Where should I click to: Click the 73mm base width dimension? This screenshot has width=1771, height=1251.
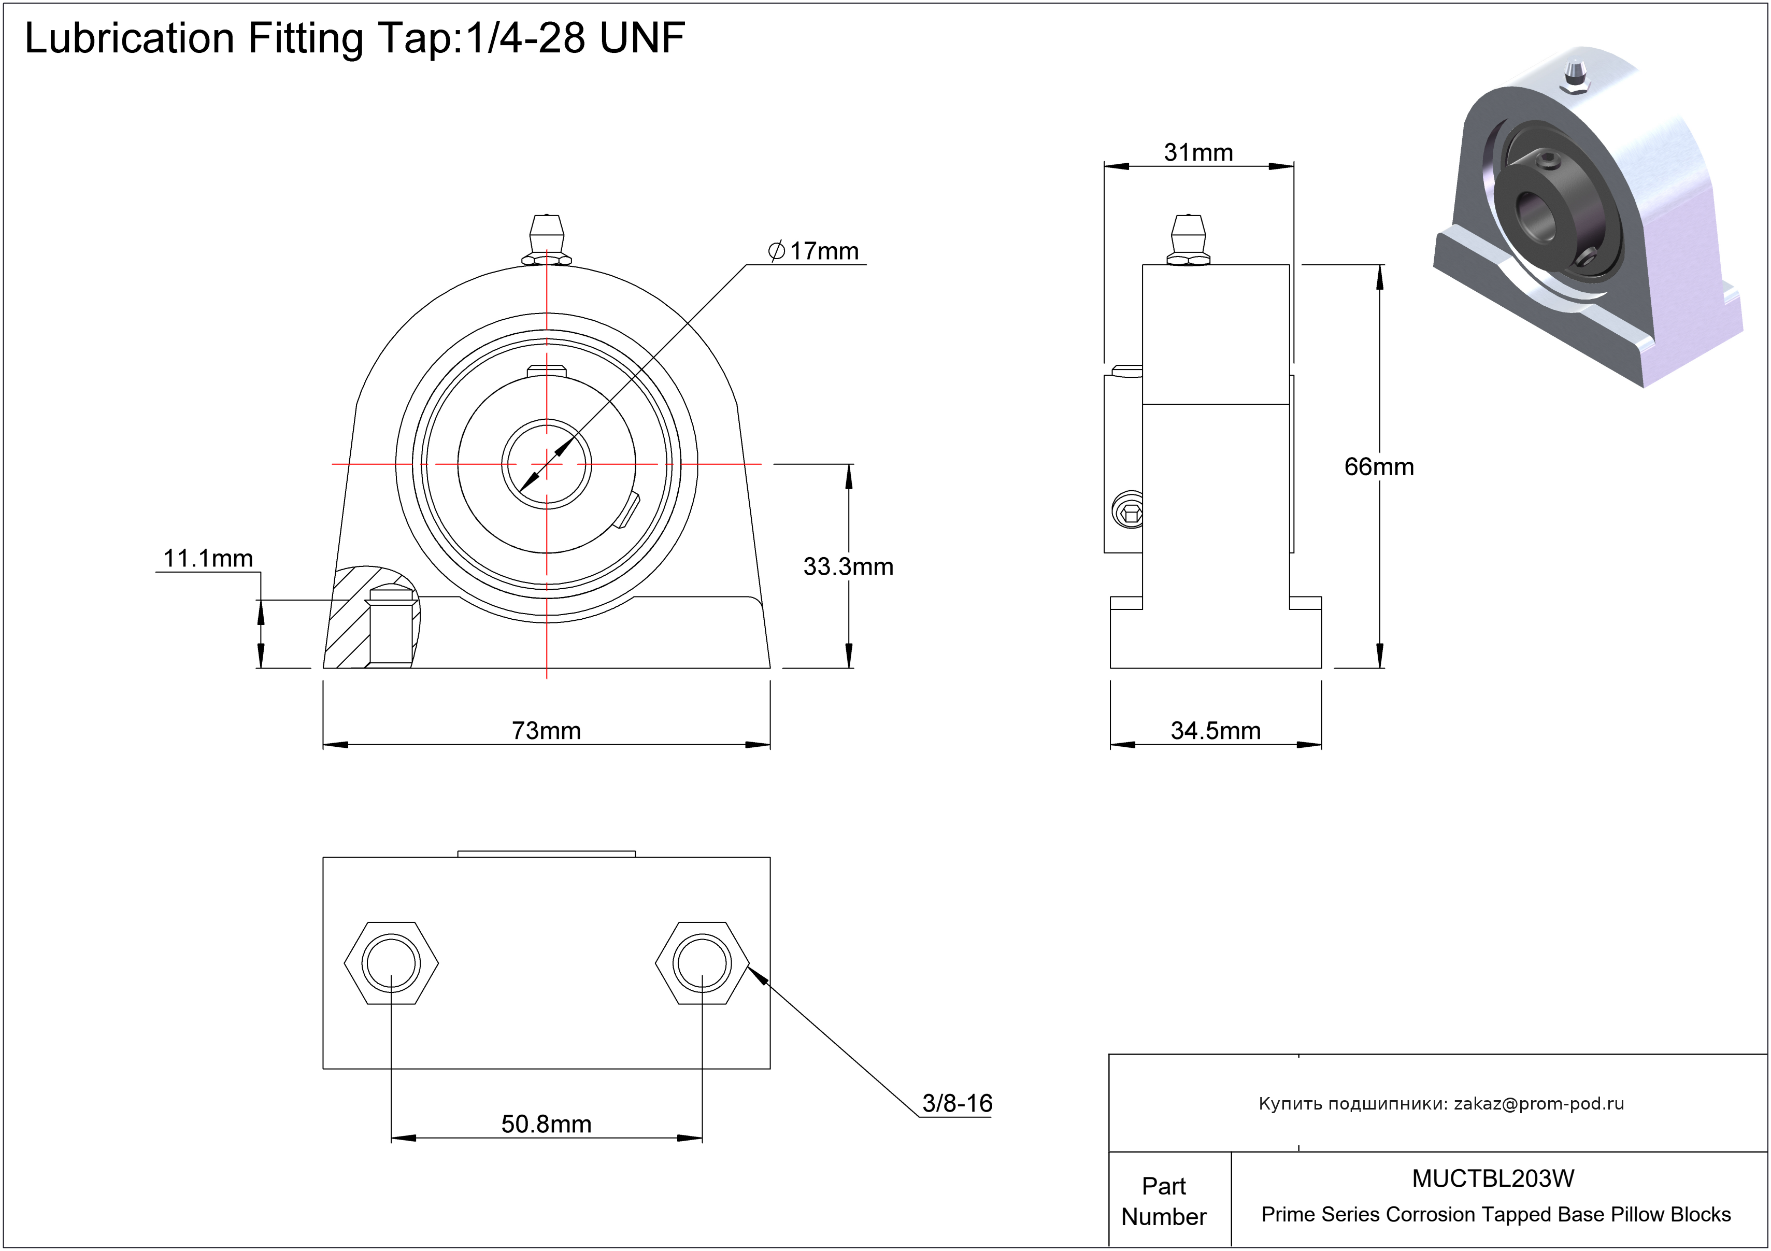[546, 730]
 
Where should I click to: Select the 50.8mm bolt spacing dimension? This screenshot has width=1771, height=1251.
[546, 1124]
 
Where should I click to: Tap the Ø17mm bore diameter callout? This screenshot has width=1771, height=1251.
[814, 251]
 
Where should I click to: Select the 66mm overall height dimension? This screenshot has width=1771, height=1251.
[1378, 466]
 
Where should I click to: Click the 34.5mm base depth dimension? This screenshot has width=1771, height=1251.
[1215, 730]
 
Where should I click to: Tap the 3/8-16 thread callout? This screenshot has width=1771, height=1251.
[956, 1103]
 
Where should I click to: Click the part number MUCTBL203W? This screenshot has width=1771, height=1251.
[1493, 1178]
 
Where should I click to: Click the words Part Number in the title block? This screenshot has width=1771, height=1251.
[1163, 1201]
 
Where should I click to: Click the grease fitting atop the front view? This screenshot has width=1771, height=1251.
[547, 239]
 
